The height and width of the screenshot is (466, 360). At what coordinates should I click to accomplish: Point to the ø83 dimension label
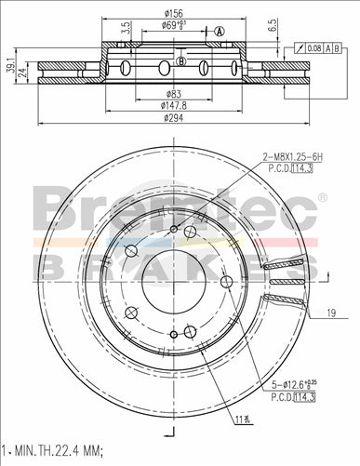pos(174,94)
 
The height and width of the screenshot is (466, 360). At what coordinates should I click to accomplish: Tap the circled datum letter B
pos(182,62)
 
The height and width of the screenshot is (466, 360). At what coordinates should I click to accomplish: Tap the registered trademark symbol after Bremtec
pos(323,197)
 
